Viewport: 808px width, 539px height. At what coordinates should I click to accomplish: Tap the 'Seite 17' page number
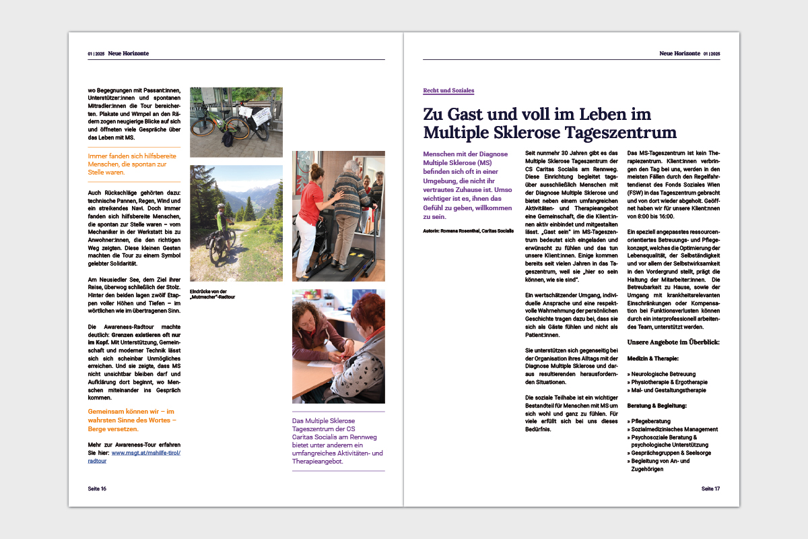point(710,488)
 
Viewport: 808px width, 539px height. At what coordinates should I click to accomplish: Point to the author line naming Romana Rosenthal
point(467,231)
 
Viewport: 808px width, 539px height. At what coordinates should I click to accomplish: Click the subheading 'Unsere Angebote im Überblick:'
point(673,342)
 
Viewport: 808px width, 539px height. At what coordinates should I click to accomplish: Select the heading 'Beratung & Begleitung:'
point(656,406)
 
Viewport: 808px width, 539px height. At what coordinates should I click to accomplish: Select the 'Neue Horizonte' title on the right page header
point(679,53)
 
